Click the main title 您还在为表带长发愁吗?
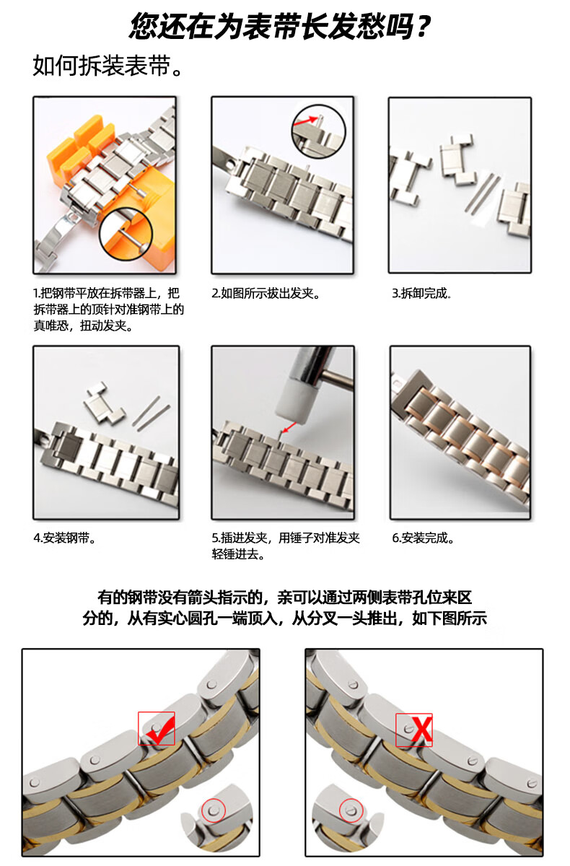[x=281, y=27]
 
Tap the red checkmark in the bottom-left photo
[x=157, y=729]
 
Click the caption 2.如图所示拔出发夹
[x=265, y=294]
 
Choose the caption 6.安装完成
[x=423, y=538]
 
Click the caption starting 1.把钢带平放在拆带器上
[x=108, y=310]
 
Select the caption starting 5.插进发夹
[x=286, y=546]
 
